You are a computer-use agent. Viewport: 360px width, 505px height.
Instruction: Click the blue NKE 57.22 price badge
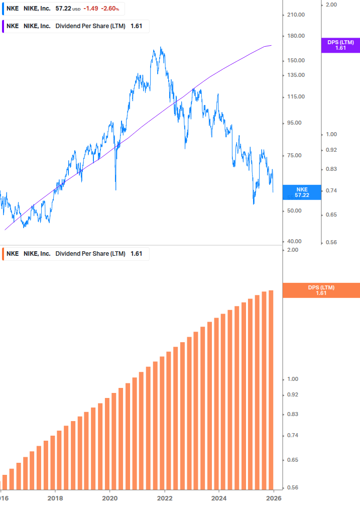(x=302, y=192)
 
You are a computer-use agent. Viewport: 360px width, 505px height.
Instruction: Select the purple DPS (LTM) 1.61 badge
(x=340, y=45)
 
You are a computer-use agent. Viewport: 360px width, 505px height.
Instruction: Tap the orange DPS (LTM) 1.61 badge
(x=321, y=290)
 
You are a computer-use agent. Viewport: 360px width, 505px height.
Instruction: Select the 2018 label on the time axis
(x=55, y=498)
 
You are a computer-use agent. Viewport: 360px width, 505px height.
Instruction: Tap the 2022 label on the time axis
(x=165, y=498)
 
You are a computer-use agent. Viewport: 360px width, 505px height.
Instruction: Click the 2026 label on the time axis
(x=274, y=498)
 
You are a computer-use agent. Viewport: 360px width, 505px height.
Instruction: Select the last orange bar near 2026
(x=271, y=392)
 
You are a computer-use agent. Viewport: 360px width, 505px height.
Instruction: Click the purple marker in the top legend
(x=3, y=26)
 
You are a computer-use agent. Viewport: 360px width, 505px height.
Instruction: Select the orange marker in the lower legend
(x=3, y=254)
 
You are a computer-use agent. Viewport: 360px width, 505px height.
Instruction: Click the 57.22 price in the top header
(x=63, y=9)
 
